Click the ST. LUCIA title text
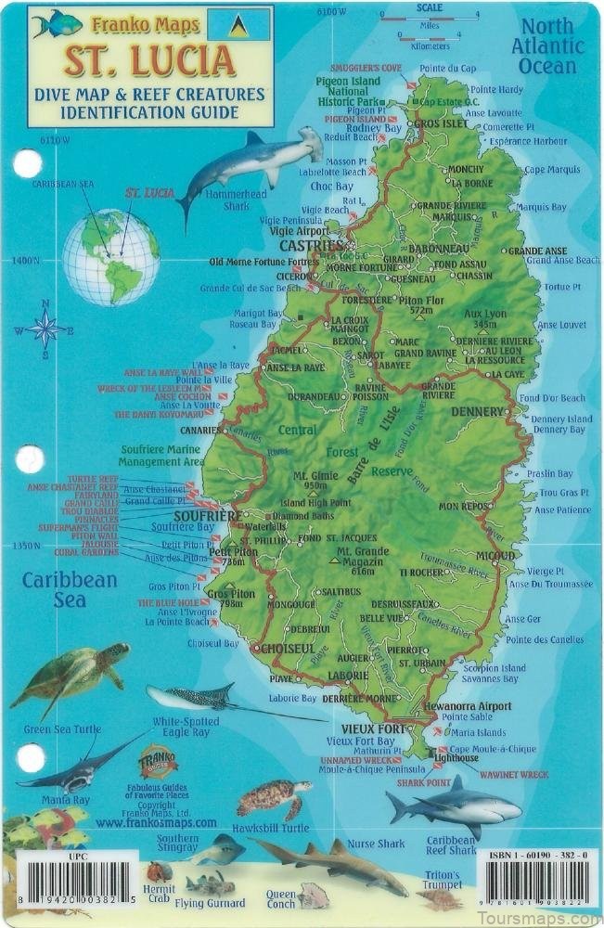pos(149,60)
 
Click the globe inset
pos(111,257)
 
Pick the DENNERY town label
pos(478,411)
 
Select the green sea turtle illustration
pos(71,675)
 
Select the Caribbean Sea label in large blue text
pos(71,589)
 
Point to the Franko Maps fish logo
pos(57,23)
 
